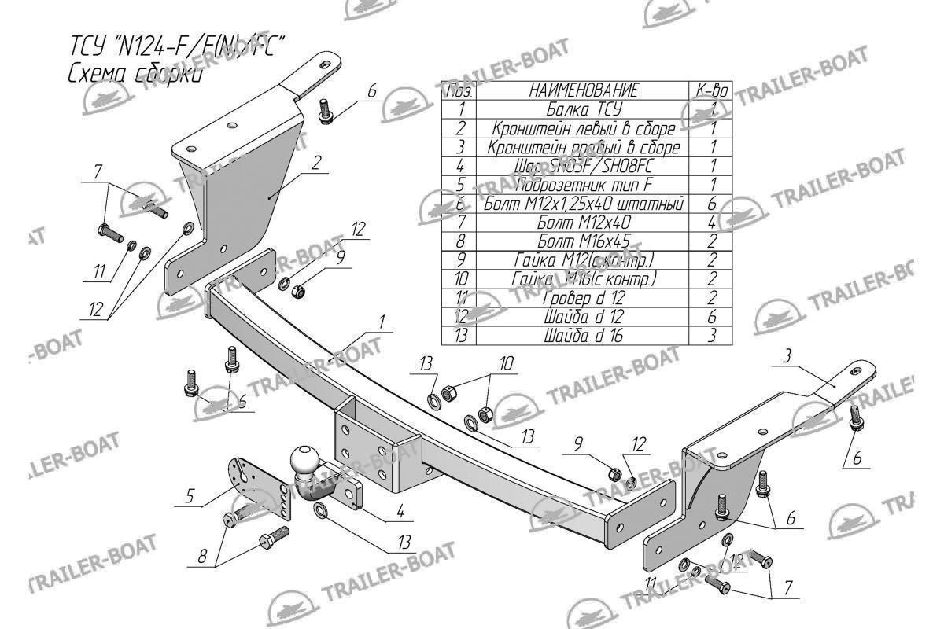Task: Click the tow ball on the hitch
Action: tap(303, 459)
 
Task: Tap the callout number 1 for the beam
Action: tap(381, 322)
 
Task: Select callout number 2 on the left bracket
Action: tap(315, 164)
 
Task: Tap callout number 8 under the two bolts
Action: tap(202, 557)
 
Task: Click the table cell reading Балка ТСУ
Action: tap(583, 109)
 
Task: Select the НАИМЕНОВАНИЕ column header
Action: tap(583, 90)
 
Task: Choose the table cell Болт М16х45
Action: tap(583, 241)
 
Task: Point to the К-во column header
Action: tap(711, 90)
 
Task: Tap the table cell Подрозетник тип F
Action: tap(583, 185)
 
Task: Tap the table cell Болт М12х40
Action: tap(583, 223)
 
